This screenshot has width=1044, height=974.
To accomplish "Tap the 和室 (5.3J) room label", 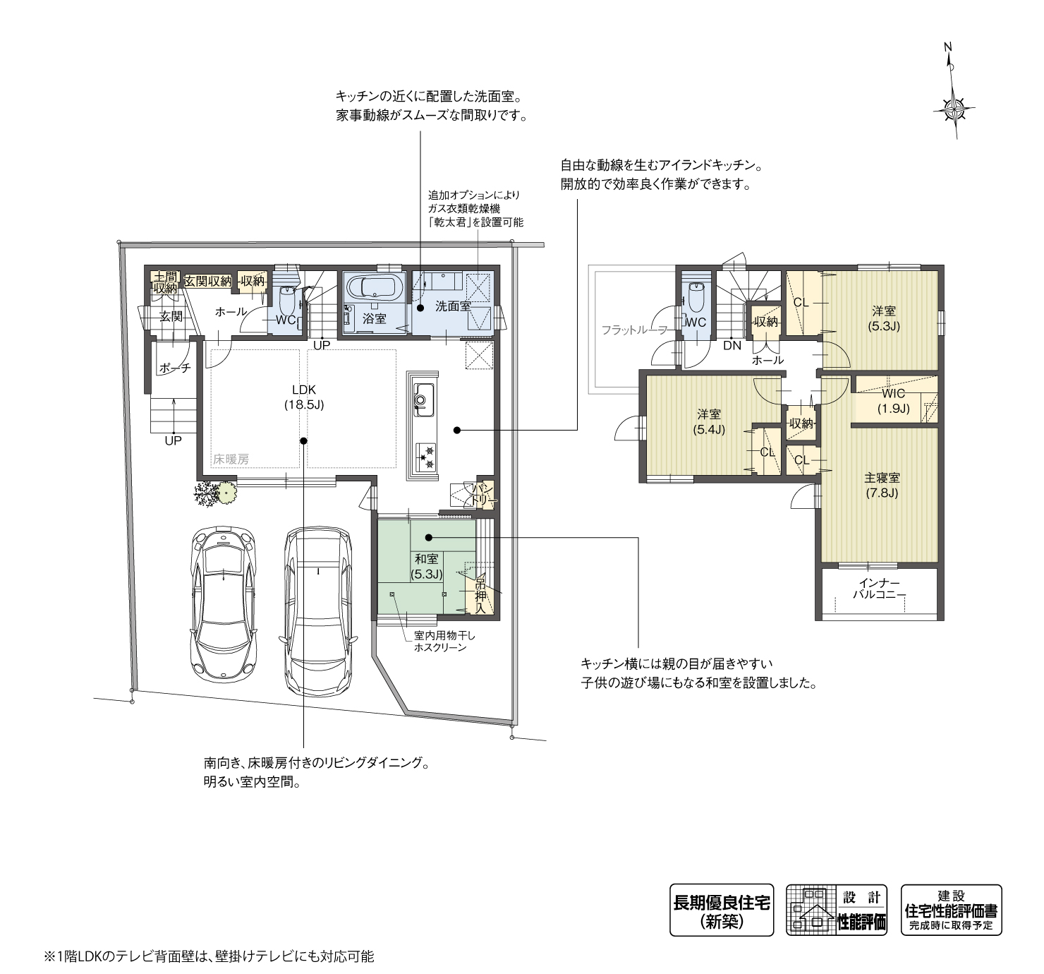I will [x=426, y=567].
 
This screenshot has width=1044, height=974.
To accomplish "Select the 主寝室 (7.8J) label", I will [x=882, y=485].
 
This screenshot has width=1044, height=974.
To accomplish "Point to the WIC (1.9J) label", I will [x=893, y=400].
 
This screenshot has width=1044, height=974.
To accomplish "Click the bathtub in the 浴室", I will [x=374, y=288].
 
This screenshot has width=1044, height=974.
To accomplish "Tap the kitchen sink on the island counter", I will [x=422, y=399].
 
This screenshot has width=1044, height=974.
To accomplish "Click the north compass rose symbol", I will [x=953, y=108].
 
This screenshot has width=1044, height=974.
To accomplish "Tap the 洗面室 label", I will [x=452, y=306].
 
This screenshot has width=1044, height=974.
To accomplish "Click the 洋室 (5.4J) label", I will [x=710, y=421].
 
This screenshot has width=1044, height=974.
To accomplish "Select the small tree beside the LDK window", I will [x=217, y=492].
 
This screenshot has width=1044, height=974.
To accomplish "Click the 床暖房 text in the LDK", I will [x=230, y=459].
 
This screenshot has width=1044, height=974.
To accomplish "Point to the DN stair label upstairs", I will [x=732, y=346].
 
